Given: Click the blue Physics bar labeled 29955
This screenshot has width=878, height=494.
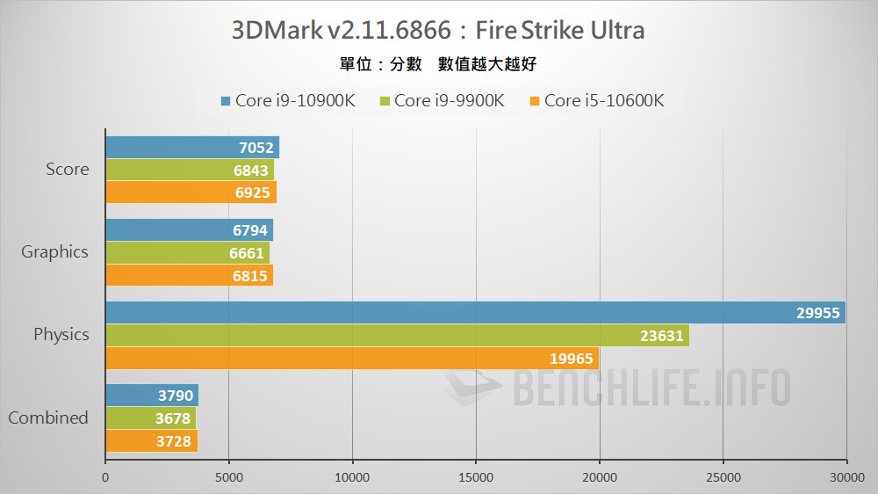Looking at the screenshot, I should pos(474,313).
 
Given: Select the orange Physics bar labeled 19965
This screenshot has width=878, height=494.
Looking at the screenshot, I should pos(351,358).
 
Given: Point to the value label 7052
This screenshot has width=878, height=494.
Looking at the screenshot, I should pos(256,148).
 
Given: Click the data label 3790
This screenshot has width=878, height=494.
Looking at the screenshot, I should pos(176,396).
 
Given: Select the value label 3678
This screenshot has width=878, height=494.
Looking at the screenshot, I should pos(173,418).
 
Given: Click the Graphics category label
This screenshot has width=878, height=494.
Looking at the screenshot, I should pos(54,252).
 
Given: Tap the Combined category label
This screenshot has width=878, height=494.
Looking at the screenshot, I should pos(48,418).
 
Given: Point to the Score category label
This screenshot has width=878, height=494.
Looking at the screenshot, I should pos(67,169).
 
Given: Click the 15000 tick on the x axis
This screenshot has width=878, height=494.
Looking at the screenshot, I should pos(475,477).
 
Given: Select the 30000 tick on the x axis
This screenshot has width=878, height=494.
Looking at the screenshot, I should pos(846,477).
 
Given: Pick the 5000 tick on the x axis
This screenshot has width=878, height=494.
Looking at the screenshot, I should pos(228,477).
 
